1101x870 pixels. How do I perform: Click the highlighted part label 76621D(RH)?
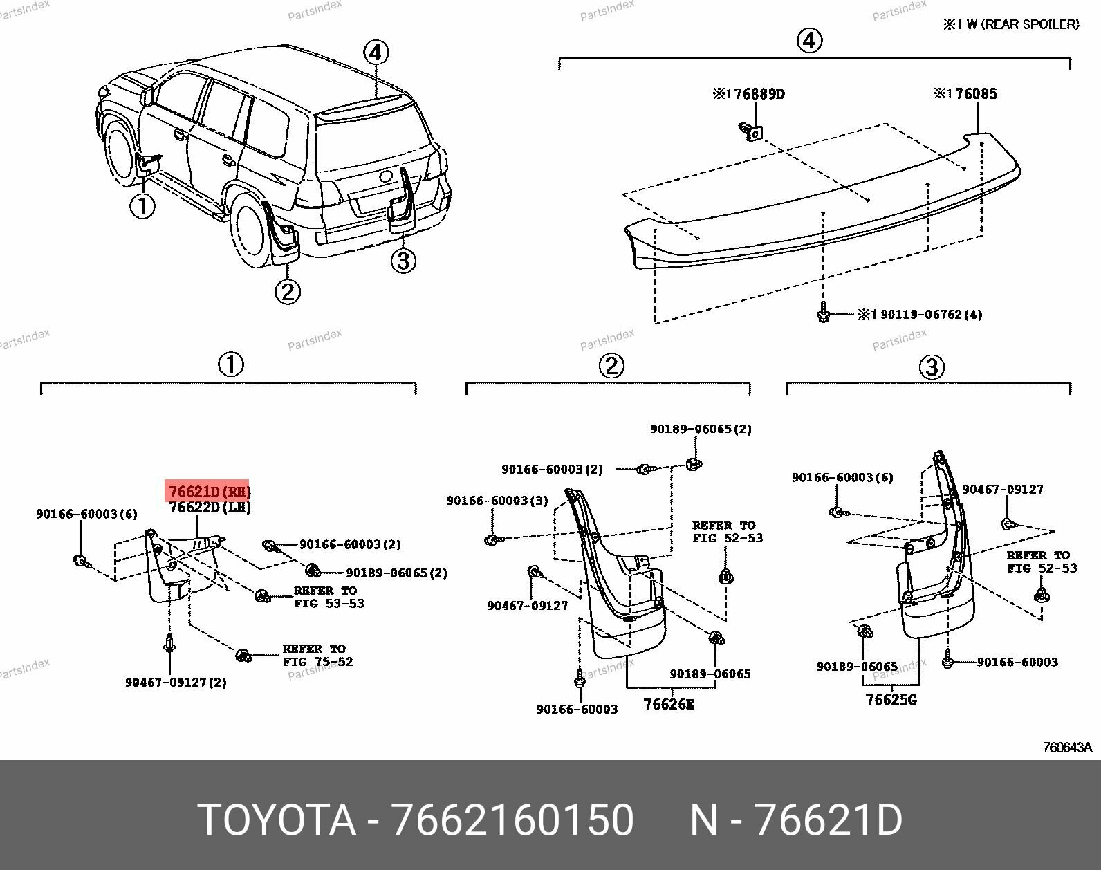coord(208,492)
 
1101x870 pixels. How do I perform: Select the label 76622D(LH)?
coord(210,508)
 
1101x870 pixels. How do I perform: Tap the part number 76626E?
coord(668,704)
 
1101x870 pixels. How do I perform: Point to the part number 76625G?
coord(891,699)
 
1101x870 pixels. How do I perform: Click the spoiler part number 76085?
coord(966,93)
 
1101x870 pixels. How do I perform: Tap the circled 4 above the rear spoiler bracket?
coord(810,41)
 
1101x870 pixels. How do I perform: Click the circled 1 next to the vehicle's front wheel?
coord(142,205)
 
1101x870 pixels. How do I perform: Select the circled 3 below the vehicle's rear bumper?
coord(403,261)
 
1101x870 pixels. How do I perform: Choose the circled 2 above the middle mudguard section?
coord(611,365)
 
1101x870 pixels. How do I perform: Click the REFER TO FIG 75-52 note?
coord(317,655)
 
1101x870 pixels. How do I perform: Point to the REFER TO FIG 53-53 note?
coord(328,597)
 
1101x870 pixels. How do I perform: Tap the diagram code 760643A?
coord(1067,747)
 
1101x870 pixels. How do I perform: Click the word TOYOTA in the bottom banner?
coord(277,820)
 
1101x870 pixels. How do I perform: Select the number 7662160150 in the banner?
coord(512,820)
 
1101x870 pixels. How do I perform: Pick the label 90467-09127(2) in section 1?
coord(176,683)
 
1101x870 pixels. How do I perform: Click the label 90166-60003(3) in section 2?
coord(497,500)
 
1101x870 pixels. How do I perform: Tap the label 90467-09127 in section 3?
coord(1003,490)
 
